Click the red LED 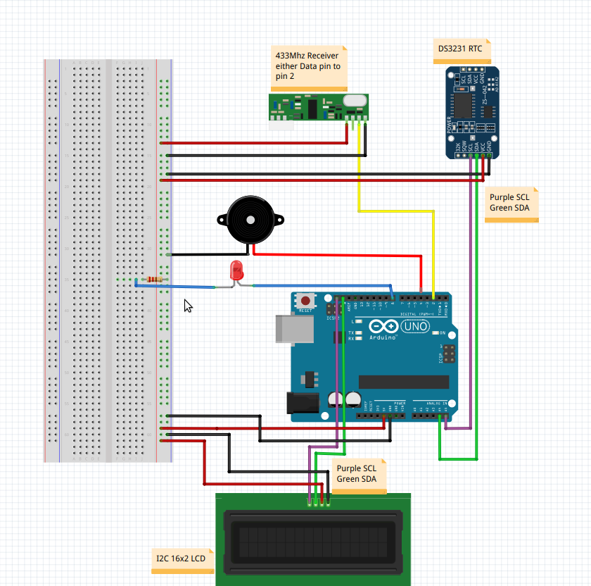(x=237, y=269)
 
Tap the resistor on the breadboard (x=153, y=280)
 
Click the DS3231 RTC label (x=460, y=50)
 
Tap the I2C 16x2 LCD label (x=181, y=559)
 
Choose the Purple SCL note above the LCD (x=357, y=473)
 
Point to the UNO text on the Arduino (x=414, y=327)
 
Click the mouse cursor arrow (x=188, y=305)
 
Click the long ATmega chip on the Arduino (x=403, y=382)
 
